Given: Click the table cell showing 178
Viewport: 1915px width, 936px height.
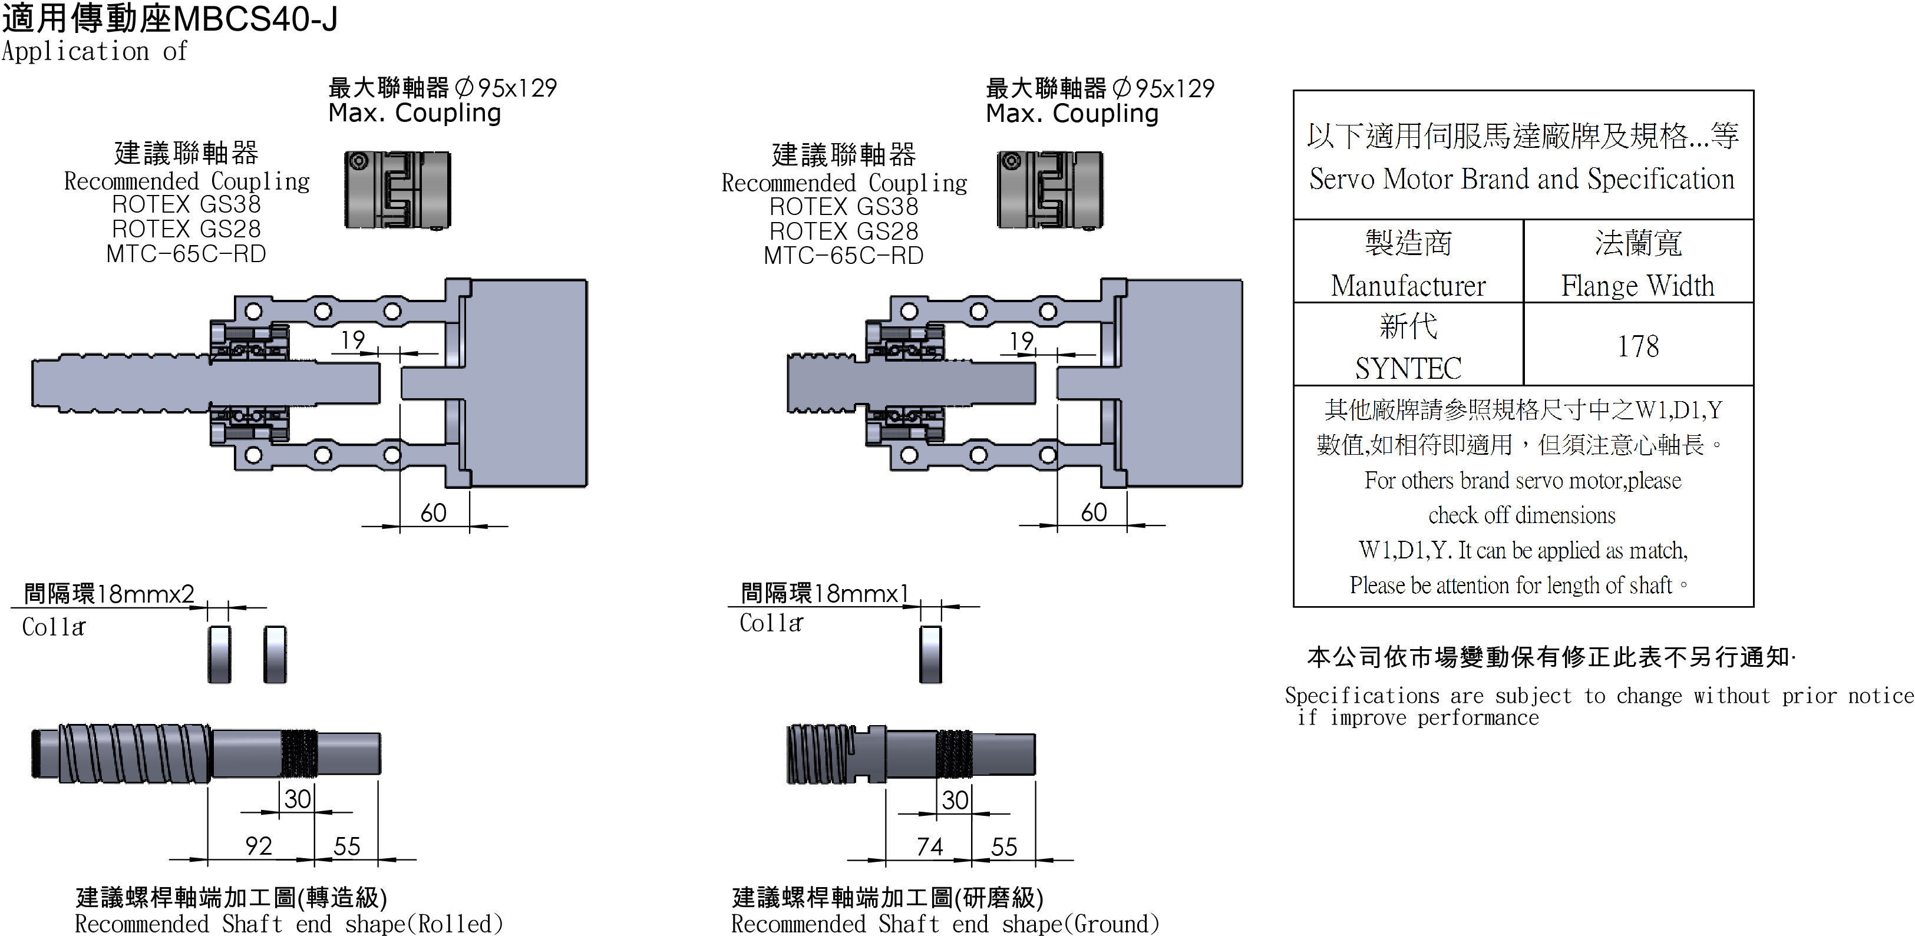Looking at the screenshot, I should coord(1637,346).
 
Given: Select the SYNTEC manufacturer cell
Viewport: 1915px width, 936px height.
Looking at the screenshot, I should coord(1408,346).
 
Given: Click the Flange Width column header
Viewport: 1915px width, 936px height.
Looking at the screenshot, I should coord(1637,264).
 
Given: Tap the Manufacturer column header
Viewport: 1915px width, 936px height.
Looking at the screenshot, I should coord(1408,264).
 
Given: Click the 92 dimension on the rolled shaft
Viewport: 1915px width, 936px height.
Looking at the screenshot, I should coord(259,845).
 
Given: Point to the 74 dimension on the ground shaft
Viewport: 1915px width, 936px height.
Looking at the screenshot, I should coord(929,846).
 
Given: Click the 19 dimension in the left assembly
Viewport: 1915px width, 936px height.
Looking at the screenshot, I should coord(352,340).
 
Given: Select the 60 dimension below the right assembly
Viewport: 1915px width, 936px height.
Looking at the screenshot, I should coord(1094,512).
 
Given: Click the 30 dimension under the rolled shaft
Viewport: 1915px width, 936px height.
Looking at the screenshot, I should coord(298,799).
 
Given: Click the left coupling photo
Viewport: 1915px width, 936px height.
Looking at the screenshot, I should coord(398,190).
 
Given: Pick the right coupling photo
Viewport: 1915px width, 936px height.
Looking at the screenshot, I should coord(1049,190).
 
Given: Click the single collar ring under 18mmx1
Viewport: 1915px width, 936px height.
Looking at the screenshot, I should coord(930,654).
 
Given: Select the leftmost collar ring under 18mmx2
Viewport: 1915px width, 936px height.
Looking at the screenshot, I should coord(219,654).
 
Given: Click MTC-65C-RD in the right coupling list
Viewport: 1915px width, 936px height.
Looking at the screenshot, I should coord(843,256).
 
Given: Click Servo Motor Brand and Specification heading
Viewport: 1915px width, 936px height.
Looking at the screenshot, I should coord(1522,179).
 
